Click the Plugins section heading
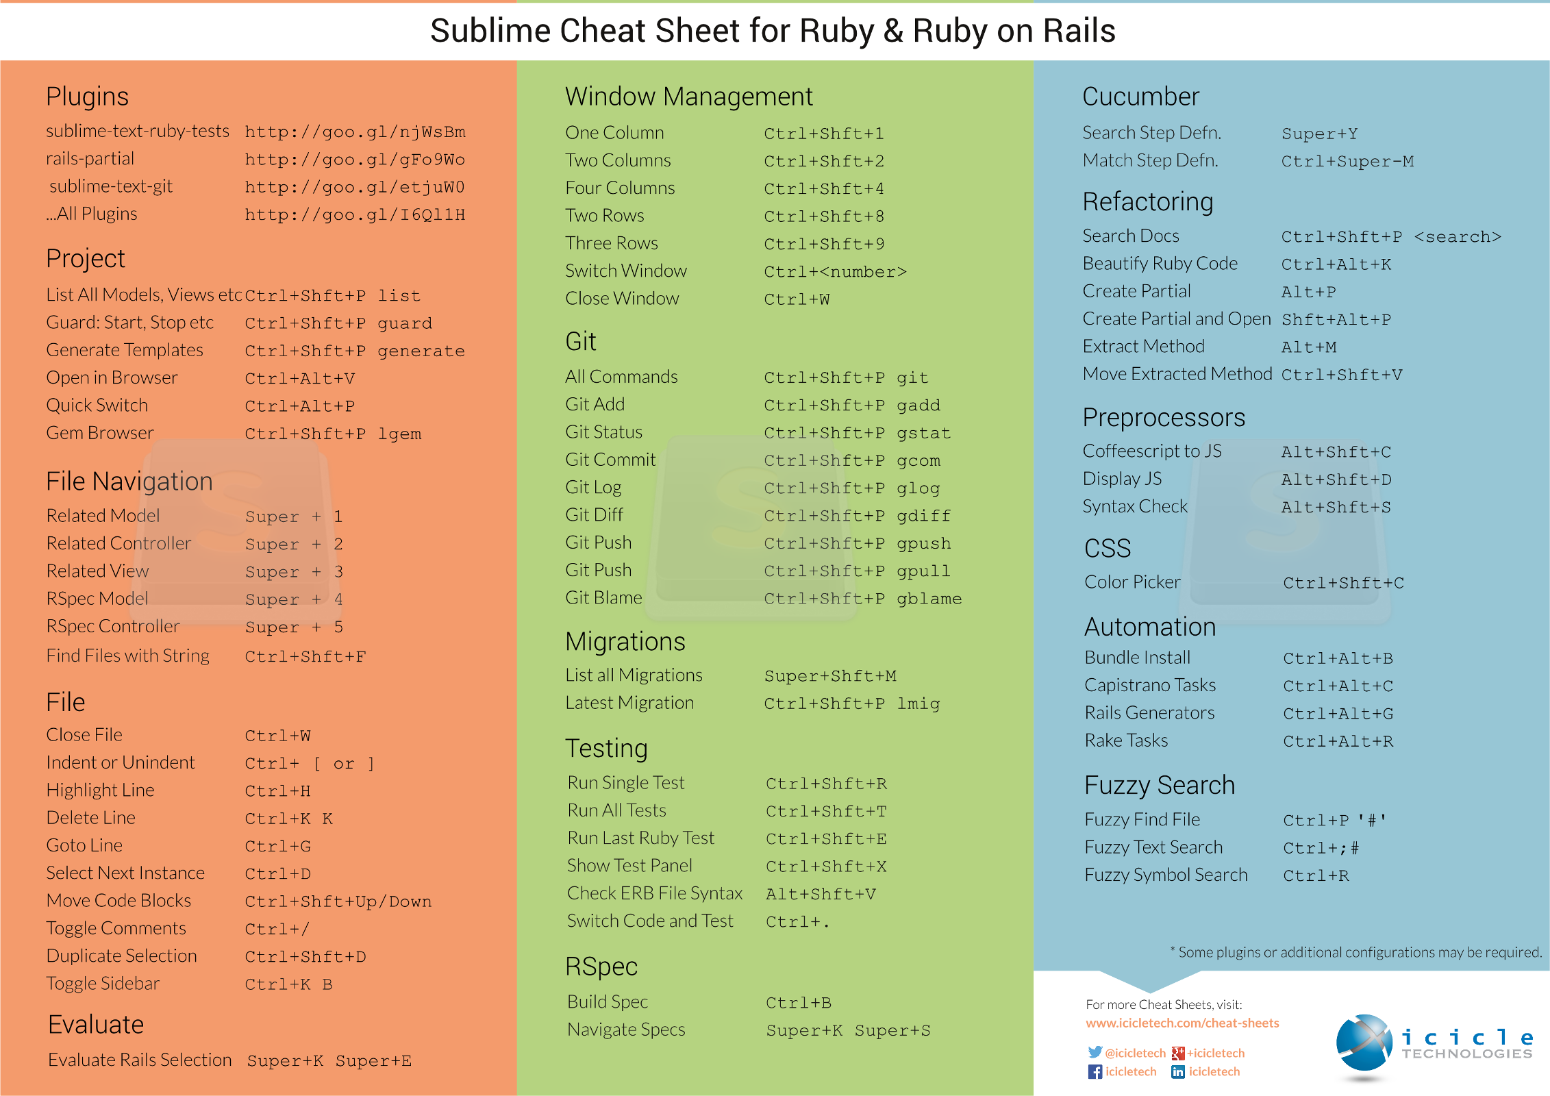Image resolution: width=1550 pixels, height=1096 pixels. coord(87,97)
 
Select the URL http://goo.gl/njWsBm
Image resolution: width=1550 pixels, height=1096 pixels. coord(355,132)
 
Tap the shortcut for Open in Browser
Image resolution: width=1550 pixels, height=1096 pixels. coord(300,379)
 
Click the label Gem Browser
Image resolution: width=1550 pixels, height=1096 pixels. coord(100,433)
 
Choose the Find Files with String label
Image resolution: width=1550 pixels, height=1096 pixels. coord(128,656)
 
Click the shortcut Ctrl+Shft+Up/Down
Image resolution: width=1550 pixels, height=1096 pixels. coord(338,901)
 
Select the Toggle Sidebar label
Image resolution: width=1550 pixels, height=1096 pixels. coord(103,984)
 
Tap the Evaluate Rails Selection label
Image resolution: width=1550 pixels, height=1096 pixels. coord(140,1060)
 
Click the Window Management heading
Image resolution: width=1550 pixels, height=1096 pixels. coord(689,97)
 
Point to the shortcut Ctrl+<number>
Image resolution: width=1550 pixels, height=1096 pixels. coord(836,272)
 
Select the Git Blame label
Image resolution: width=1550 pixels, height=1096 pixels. coord(603,597)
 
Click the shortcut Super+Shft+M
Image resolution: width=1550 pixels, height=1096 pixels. coord(830,676)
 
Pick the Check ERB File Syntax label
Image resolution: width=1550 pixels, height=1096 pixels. coord(655,893)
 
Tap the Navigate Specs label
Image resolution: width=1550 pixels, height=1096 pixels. coord(626,1030)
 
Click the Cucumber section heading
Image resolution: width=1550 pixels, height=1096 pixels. coord(1140,97)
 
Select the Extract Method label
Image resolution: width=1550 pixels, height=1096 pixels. coord(1143,347)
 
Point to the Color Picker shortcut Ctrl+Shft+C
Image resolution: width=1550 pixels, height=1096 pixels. coord(1343,584)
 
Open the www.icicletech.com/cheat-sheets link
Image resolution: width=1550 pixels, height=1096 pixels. coord(1182,1023)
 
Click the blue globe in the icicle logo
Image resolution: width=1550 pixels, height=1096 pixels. coord(1364,1043)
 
